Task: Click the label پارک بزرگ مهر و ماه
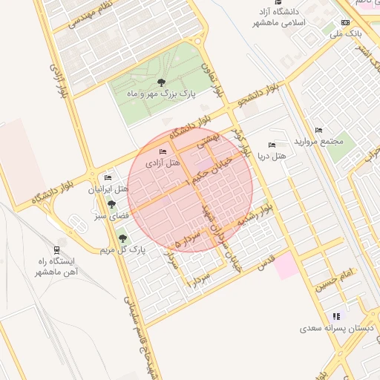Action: coord(161,95)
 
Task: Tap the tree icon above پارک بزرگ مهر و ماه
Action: coord(161,82)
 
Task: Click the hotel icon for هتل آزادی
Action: coord(163,152)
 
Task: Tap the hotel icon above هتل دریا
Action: coord(272,145)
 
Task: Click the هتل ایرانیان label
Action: coord(108,189)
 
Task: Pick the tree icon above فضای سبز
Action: coord(111,203)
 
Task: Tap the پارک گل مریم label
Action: coord(122,250)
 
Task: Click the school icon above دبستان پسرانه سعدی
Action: coord(335,316)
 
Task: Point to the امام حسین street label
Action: coord(335,284)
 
